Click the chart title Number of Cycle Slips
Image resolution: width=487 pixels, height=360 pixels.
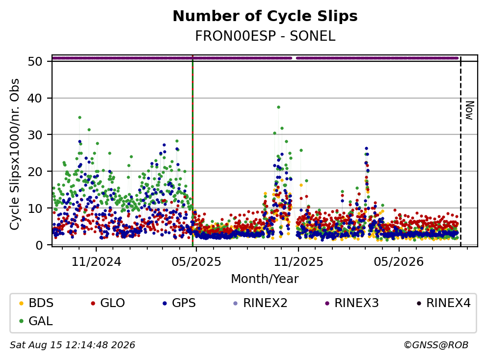point(265,16)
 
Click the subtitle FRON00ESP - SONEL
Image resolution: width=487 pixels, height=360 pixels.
point(265,36)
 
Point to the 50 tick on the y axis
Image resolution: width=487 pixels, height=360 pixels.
point(35,61)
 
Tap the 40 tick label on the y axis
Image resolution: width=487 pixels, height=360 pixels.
point(35,99)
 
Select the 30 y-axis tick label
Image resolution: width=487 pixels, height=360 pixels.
point(35,135)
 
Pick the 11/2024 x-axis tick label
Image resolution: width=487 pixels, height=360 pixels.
point(96,262)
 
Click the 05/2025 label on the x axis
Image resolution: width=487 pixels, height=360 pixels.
point(196,262)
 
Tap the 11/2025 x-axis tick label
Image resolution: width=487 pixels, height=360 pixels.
point(298,262)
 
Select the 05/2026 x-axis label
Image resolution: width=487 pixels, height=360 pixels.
point(399,262)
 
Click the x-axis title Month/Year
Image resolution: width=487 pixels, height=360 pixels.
point(265,279)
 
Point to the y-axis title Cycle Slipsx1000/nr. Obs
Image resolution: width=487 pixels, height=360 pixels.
point(14,154)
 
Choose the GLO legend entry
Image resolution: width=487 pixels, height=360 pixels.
point(108,303)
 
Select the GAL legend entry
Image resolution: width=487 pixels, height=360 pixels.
point(36,321)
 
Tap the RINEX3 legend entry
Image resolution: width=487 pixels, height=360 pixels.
point(352,303)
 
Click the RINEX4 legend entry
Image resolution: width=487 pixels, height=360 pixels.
point(444,303)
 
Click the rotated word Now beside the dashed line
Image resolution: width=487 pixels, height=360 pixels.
point(469,110)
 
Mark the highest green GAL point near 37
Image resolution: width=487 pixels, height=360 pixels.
point(278,107)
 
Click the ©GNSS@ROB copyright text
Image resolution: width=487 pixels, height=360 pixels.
point(436,345)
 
